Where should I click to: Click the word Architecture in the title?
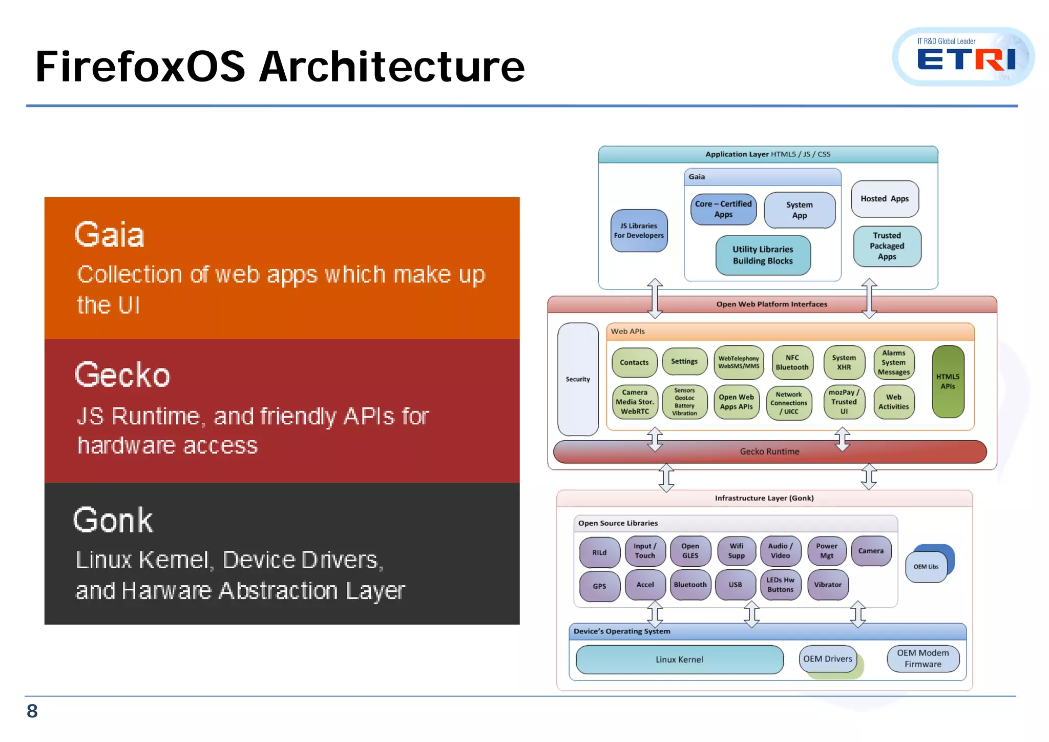pyautogui.click(x=392, y=67)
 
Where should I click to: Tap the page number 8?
pyautogui.click(x=32, y=711)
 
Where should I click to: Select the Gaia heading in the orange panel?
pyautogui.click(x=110, y=235)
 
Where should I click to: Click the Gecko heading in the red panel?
pyautogui.click(x=122, y=375)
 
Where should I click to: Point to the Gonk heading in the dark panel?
pyautogui.click(x=113, y=520)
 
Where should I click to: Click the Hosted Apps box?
pyautogui.click(x=885, y=199)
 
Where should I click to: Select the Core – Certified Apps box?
pyautogui.click(x=723, y=209)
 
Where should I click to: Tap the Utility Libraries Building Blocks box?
pyautogui.click(x=763, y=255)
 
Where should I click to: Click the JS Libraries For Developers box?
pyautogui.click(x=639, y=231)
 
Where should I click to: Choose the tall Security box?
pyautogui.click(x=578, y=379)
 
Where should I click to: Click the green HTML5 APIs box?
pyautogui.click(x=948, y=381)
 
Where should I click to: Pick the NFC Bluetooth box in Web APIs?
pyautogui.click(x=792, y=362)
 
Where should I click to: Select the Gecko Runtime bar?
pyautogui.click(x=769, y=451)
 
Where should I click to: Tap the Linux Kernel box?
pyautogui.click(x=679, y=659)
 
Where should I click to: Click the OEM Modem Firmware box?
pyautogui.click(x=922, y=658)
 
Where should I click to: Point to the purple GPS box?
pyautogui.click(x=599, y=586)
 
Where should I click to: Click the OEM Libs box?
pyautogui.click(x=926, y=567)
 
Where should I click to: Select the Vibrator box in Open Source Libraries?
pyautogui.click(x=827, y=585)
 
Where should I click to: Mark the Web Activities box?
pyautogui.click(x=893, y=402)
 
